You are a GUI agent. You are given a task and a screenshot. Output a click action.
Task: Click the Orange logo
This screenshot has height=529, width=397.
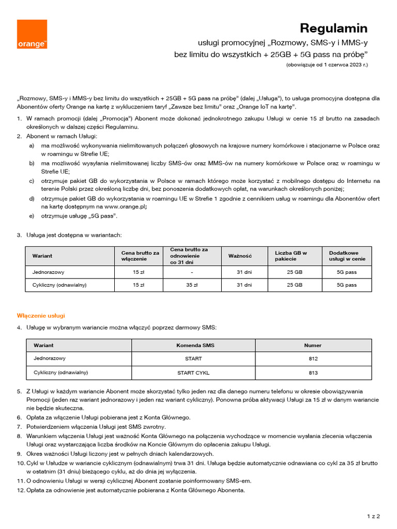pos(32,35)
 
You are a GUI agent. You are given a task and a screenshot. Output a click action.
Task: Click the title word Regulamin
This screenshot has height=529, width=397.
pos(334,28)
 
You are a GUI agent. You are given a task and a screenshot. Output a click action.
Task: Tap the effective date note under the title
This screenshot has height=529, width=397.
pos(327,65)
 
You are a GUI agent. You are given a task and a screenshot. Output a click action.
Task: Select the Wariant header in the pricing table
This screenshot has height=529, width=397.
pos(42,256)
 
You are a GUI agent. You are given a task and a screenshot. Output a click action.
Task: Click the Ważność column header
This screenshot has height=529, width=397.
pos(240,256)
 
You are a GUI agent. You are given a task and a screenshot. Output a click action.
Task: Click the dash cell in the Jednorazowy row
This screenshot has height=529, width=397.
pos(191,272)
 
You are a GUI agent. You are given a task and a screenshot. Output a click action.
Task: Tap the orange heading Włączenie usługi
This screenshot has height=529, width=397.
pos(41,315)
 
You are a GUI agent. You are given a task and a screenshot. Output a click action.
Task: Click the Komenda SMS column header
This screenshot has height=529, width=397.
pos(195,345)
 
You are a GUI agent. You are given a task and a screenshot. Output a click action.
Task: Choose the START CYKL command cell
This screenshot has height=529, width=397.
pos(193,372)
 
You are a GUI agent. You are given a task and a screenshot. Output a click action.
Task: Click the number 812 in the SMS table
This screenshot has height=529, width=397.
pos(313,359)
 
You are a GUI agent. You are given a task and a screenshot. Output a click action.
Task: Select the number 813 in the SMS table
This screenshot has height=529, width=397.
pos(313,372)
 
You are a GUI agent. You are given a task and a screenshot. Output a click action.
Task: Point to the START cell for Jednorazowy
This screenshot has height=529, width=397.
pos(193,359)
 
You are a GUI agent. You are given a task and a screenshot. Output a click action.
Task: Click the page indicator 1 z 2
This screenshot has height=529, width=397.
pos(373,516)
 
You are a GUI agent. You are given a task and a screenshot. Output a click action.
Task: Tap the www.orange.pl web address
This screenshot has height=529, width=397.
pos(126,207)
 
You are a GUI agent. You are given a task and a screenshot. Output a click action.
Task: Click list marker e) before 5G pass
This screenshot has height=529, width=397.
pos(32,215)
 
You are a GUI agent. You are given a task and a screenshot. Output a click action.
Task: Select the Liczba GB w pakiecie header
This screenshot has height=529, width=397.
pos(291,256)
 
